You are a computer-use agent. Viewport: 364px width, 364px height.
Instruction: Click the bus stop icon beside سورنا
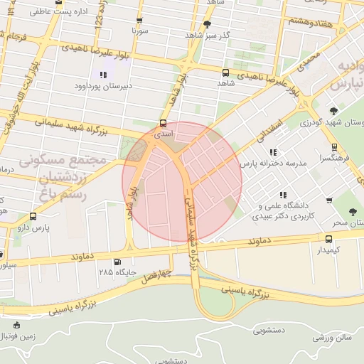139,21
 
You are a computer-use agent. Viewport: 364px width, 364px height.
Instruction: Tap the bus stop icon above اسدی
164,122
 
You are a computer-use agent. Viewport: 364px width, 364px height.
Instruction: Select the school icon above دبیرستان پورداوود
104,74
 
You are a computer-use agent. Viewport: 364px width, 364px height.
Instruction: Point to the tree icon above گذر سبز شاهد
207,23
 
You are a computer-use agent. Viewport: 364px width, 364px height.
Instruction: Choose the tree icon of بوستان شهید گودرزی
333,111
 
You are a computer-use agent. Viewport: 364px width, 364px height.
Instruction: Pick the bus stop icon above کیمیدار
328,239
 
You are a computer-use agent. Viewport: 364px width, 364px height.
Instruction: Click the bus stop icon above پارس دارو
33,216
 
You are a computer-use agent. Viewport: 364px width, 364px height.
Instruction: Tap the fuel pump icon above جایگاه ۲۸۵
117,260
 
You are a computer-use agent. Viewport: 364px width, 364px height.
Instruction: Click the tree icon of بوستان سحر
353,212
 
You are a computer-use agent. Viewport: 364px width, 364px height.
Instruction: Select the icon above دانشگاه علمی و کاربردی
283,195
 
